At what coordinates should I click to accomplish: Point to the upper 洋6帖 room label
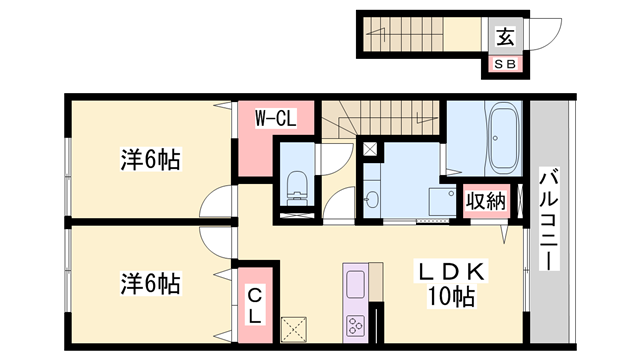(151, 159)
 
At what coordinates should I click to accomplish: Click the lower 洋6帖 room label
(151, 283)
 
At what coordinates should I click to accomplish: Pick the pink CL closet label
(255, 305)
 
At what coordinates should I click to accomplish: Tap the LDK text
(450, 271)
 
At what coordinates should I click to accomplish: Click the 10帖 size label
(451, 297)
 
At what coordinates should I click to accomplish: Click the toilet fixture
(296, 185)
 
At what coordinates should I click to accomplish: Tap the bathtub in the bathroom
(503, 140)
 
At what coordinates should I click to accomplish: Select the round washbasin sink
(371, 196)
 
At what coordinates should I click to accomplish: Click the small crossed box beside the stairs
(371, 150)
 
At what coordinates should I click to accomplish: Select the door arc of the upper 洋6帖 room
(217, 203)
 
